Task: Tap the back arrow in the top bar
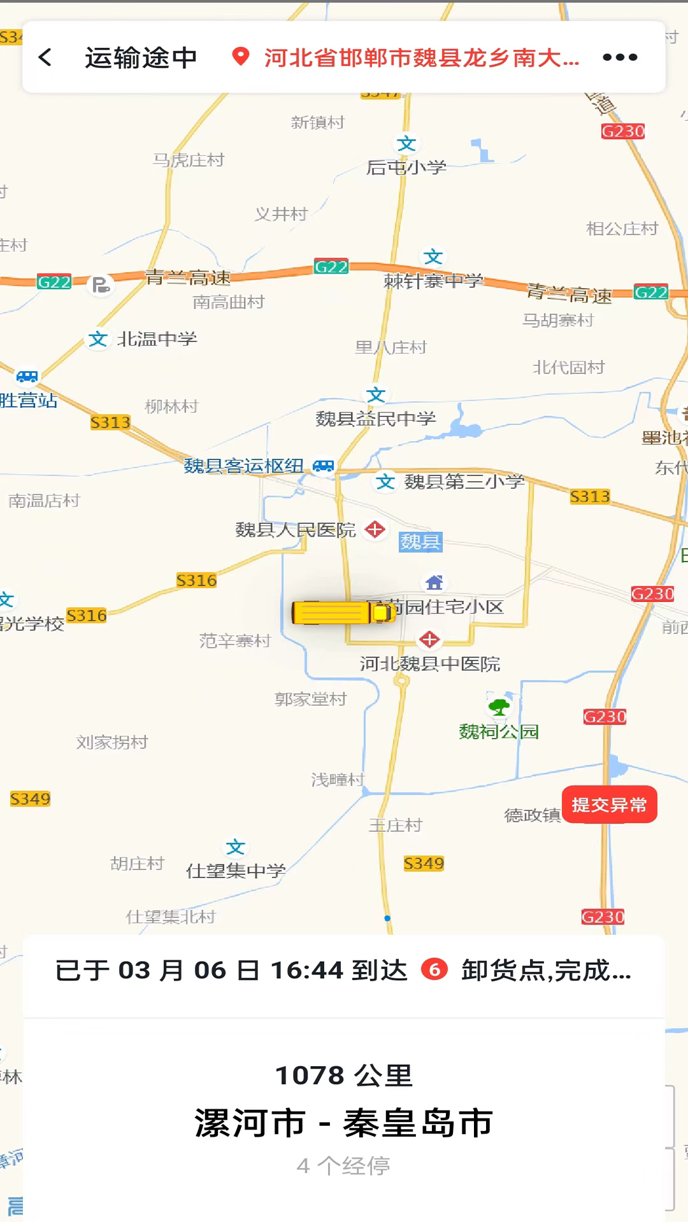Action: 45,57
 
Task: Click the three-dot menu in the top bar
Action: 620,57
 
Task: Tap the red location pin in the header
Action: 240,57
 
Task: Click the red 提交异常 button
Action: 609,805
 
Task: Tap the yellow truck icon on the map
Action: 343,612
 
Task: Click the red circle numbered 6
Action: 434,969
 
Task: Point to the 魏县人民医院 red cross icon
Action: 375,529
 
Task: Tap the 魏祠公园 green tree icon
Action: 499,706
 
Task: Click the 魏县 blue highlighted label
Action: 420,542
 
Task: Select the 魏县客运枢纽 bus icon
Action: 324,466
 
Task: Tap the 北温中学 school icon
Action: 97,339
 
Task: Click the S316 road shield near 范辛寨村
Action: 196,580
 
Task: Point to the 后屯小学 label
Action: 406,167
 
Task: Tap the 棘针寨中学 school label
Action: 434,281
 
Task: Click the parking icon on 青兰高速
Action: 101,284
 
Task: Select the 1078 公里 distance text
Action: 344,1076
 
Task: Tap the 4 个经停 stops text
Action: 344,1166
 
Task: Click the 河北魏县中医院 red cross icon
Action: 429,639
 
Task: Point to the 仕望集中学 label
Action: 236,871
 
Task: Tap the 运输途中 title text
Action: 141,58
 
